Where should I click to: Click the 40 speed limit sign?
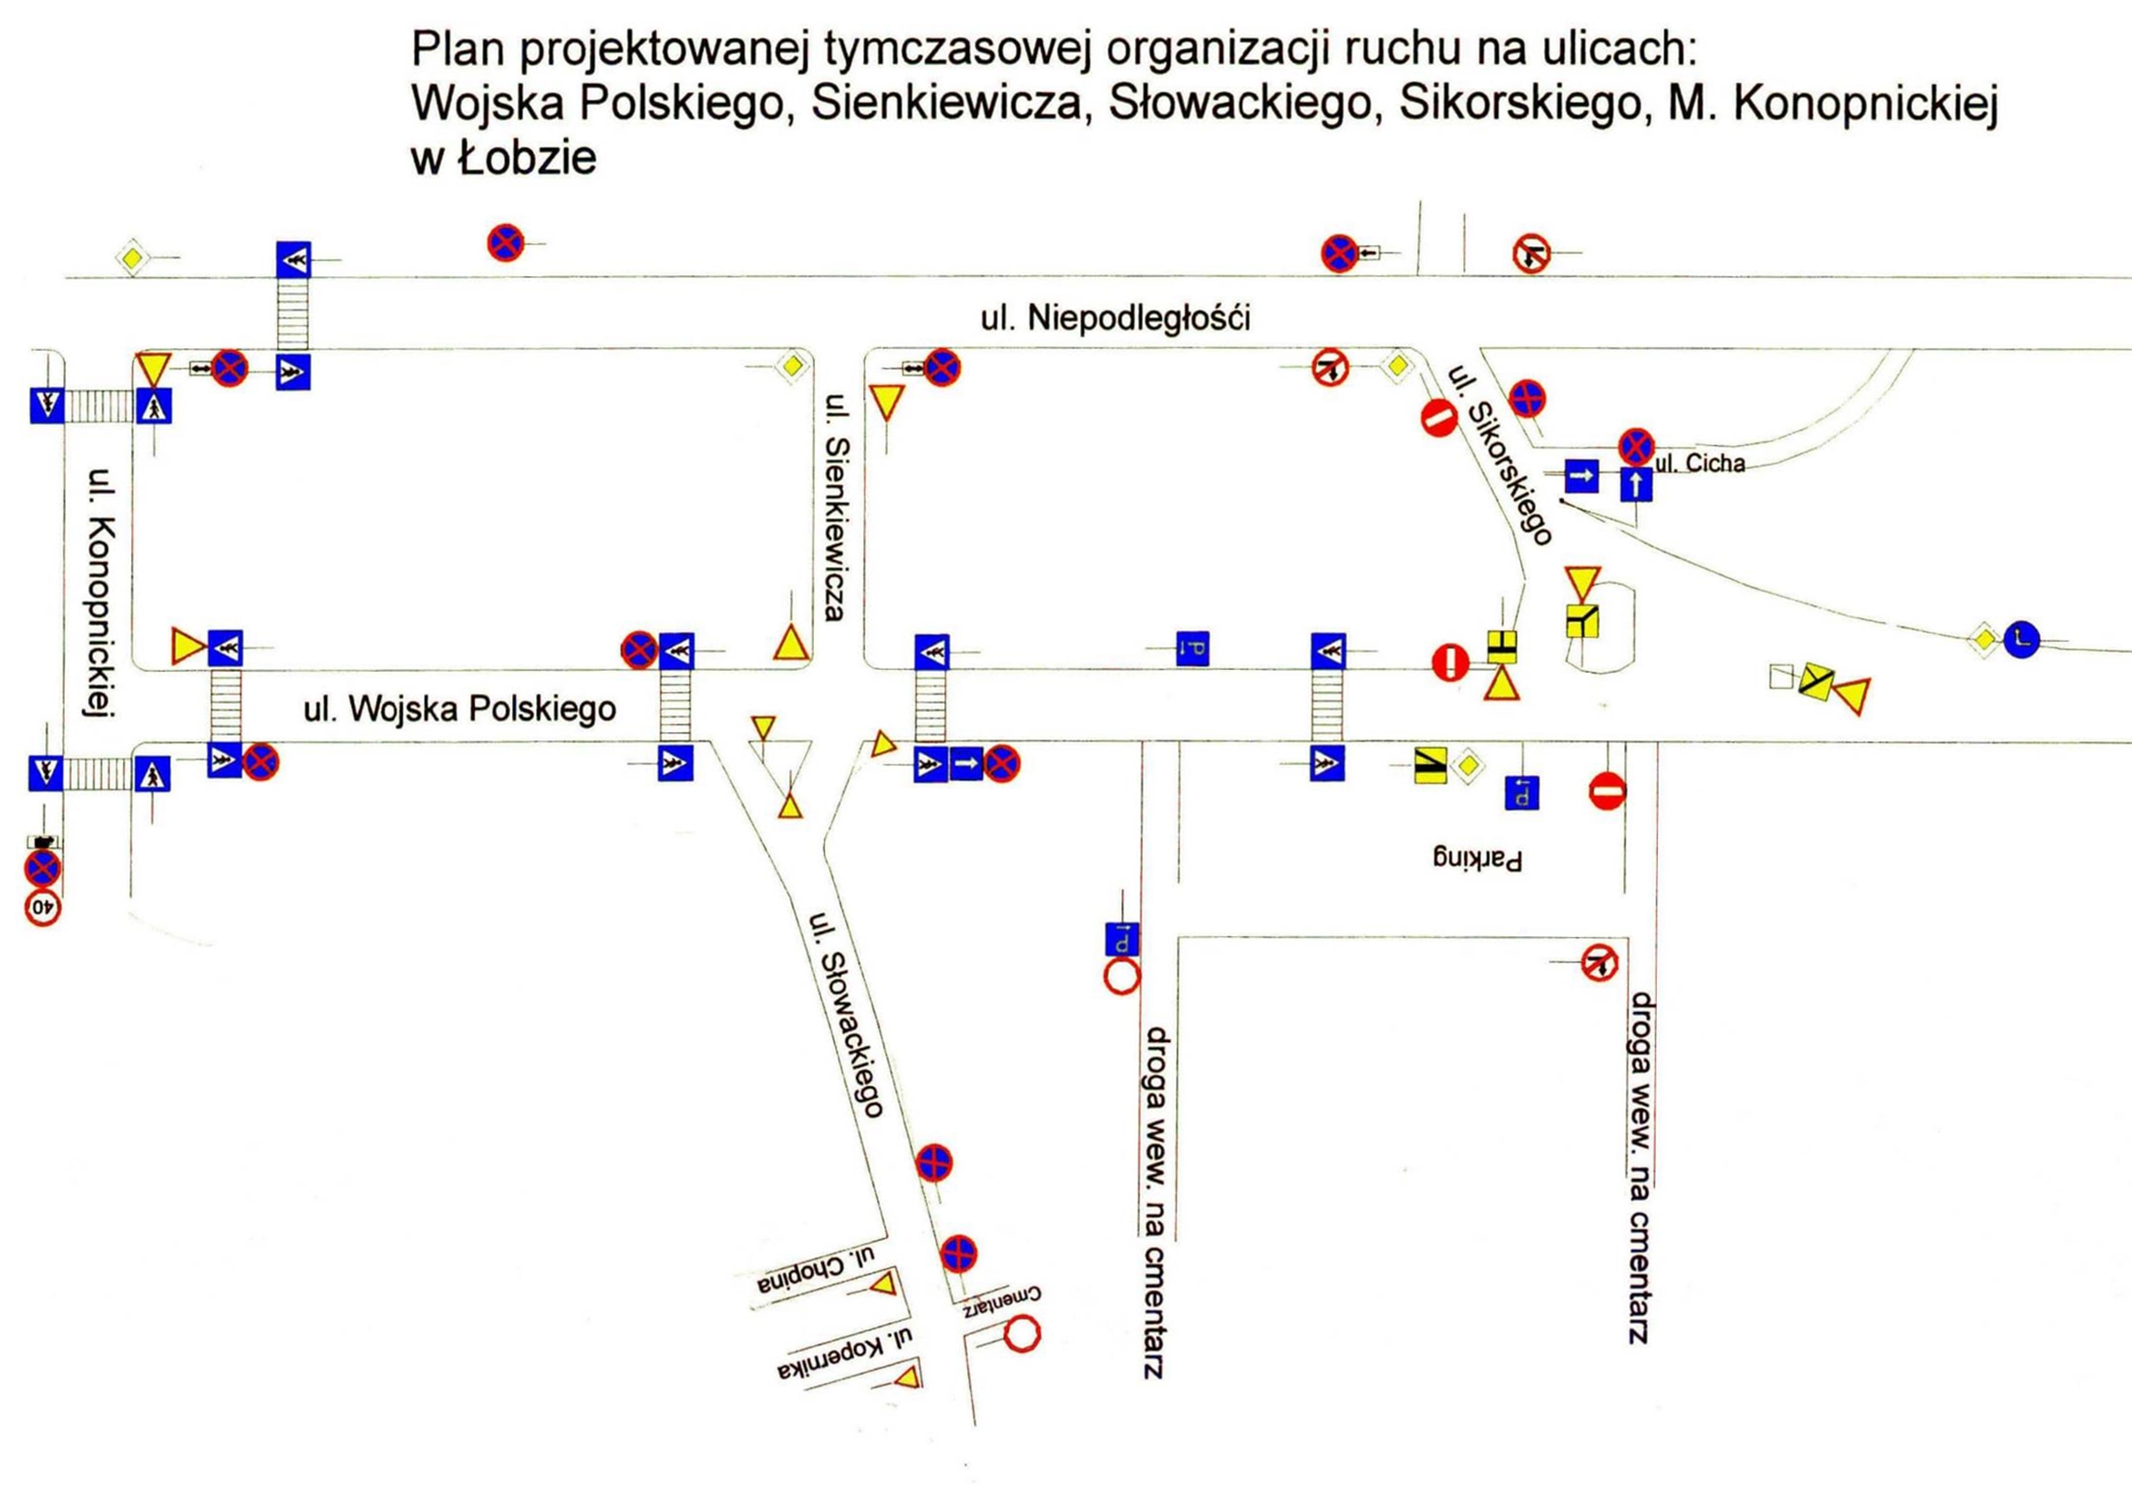pyautogui.click(x=43, y=909)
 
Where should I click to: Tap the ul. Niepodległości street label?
pyautogui.click(x=1115, y=317)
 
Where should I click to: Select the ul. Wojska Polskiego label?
pyautogui.click(x=459, y=709)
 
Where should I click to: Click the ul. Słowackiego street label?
pyautogui.click(x=845, y=1014)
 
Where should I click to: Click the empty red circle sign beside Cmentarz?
pyautogui.click(x=1025, y=1335)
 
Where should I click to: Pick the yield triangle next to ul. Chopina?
pyautogui.click(x=883, y=1285)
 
